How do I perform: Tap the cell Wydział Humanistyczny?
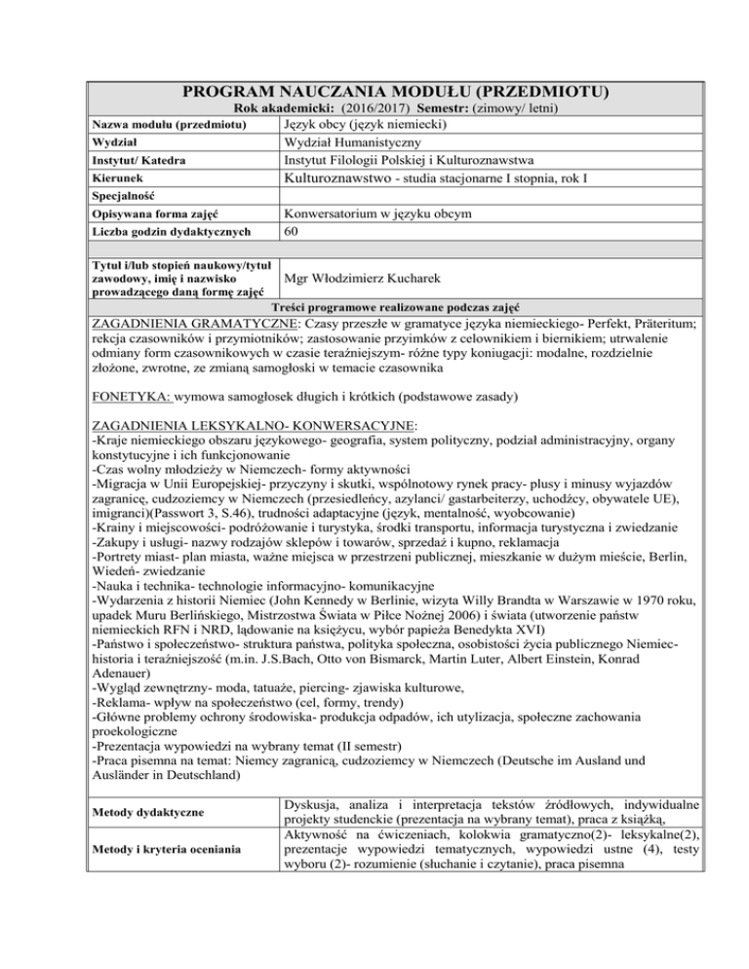pos(357,142)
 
